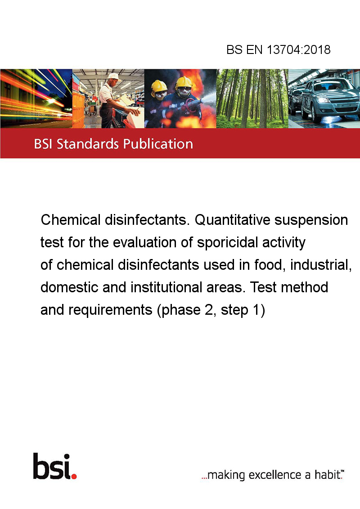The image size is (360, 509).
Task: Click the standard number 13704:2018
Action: (299, 49)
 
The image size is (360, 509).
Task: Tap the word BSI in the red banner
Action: (44, 144)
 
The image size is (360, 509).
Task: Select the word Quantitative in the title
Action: (232, 220)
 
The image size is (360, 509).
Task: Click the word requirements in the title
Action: (110, 310)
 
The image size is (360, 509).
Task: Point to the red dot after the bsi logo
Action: (74, 476)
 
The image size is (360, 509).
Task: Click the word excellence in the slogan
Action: (275, 474)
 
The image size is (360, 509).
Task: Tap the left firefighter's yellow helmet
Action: (159, 86)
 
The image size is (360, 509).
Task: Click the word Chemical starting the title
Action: (71, 220)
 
